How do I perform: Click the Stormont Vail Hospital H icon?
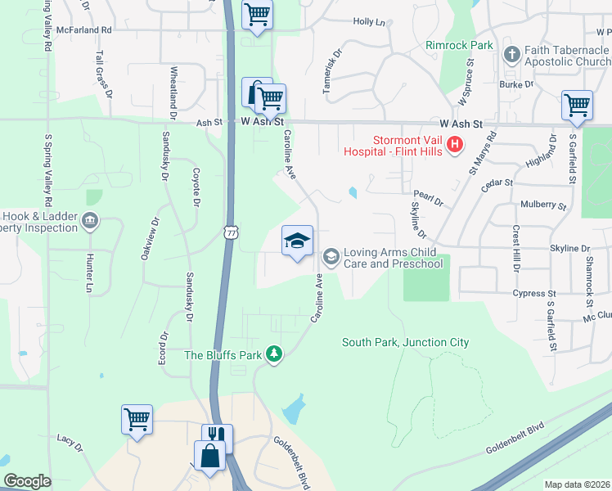click(x=455, y=146)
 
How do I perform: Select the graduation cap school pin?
click(x=297, y=241)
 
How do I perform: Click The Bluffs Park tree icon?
click(x=275, y=354)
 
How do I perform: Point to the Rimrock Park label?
click(x=459, y=45)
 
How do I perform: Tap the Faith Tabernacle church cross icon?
click(x=512, y=56)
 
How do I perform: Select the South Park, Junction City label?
click(x=405, y=342)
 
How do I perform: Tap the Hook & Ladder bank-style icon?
click(x=90, y=222)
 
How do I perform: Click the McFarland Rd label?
click(x=84, y=29)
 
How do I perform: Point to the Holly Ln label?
click(x=368, y=22)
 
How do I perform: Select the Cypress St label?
click(x=535, y=293)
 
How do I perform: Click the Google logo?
click(x=27, y=481)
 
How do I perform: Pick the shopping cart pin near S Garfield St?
click(x=577, y=106)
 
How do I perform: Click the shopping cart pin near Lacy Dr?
click(x=137, y=419)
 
